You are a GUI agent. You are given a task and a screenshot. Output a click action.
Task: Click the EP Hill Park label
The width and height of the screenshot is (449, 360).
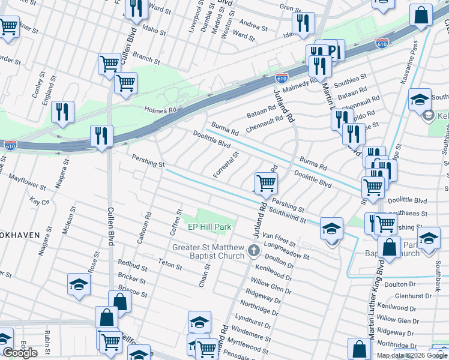[209, 227]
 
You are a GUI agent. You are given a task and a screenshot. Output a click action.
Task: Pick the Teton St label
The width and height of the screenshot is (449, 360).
[169, 262]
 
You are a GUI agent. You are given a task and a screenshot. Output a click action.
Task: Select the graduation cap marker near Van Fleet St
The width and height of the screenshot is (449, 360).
[331, 229]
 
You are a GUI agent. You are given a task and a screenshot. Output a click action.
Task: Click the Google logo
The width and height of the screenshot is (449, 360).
[20, 353]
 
